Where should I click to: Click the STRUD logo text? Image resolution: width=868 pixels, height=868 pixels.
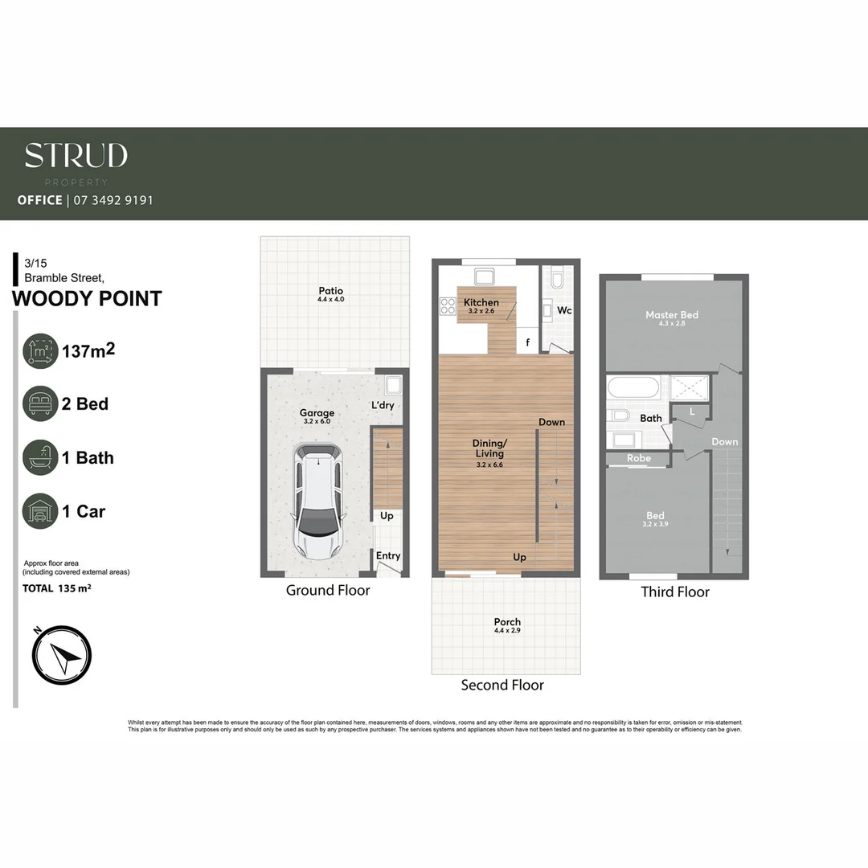[x=76, y=156]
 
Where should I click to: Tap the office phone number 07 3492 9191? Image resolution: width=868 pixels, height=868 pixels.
[x=113, y=200]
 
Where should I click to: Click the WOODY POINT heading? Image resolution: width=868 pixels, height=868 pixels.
[x=87, y=299]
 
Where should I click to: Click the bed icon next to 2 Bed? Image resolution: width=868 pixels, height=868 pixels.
[x=40, y=403]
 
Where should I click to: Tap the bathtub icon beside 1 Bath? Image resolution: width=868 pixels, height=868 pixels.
[x=40, y=457]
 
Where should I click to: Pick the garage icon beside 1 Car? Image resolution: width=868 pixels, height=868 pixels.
[x=40, y=511]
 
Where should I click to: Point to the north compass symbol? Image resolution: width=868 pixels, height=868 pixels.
[x=63, y=654]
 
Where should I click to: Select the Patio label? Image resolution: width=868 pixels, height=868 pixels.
[x=330, y=291]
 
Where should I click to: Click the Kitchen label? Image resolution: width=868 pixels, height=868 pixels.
[x=481, y=302]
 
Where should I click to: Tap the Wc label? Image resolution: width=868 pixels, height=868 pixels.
[x=564, y=310]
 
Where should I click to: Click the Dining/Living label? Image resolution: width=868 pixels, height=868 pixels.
[x=489, y=448]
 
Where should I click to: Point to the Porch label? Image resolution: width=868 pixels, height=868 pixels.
[x=507, y=621]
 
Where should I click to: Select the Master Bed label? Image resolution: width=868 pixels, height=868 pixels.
[x=672, y=314]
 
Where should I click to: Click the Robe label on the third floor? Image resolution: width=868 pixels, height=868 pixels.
[x=639, y=459]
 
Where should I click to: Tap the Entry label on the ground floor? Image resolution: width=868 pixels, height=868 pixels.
[x=388, y=555]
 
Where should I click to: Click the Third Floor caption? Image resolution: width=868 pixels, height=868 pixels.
[x=675, y=592]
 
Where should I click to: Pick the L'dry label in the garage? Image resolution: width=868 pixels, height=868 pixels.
[x=383, y=405]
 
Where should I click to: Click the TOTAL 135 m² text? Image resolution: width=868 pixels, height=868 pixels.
[x=57, y=588]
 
